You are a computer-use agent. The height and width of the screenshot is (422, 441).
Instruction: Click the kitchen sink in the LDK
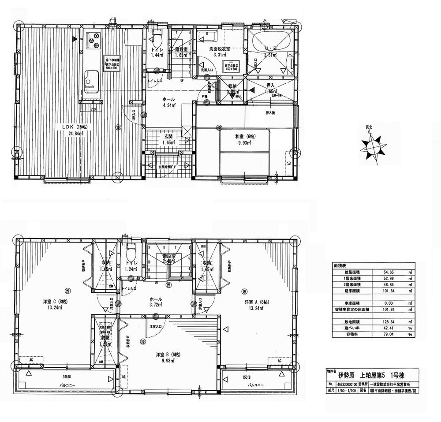coord(91,78)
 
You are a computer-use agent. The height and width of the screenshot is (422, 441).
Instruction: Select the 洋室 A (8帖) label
coord(256,302)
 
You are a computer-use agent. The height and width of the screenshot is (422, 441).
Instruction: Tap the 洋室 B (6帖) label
coord(165,355)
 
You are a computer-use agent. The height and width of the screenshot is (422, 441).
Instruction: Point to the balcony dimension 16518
coord(67,377)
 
